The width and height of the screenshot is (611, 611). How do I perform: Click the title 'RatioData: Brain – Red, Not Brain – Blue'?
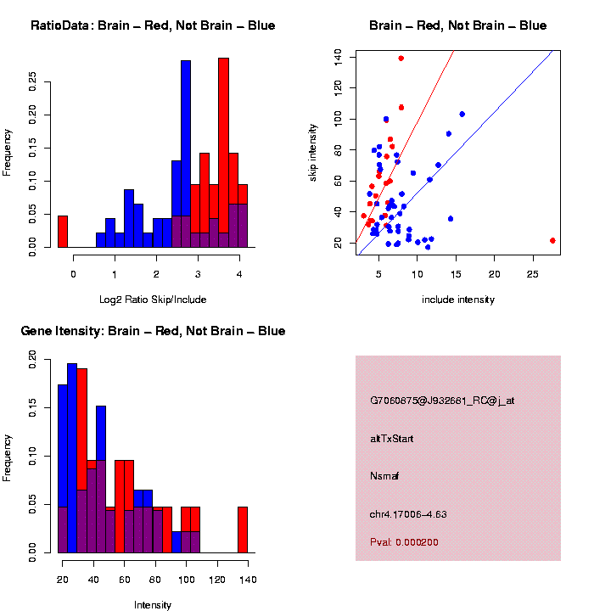153,26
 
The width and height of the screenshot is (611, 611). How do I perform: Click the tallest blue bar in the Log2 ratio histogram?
186,153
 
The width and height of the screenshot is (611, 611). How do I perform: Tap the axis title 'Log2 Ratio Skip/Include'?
153,299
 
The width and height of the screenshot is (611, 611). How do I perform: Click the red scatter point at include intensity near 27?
552,240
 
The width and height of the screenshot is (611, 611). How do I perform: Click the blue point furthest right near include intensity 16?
462,114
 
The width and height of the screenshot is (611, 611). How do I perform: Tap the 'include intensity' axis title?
458,299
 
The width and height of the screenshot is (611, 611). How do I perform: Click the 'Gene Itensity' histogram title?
153,331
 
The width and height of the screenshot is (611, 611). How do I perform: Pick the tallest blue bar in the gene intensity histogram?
72,458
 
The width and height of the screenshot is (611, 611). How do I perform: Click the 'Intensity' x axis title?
153,605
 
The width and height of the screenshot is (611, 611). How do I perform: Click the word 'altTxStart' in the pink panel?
391,439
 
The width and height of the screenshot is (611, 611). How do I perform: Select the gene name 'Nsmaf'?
384,476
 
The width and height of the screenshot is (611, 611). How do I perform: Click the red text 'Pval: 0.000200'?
404,542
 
